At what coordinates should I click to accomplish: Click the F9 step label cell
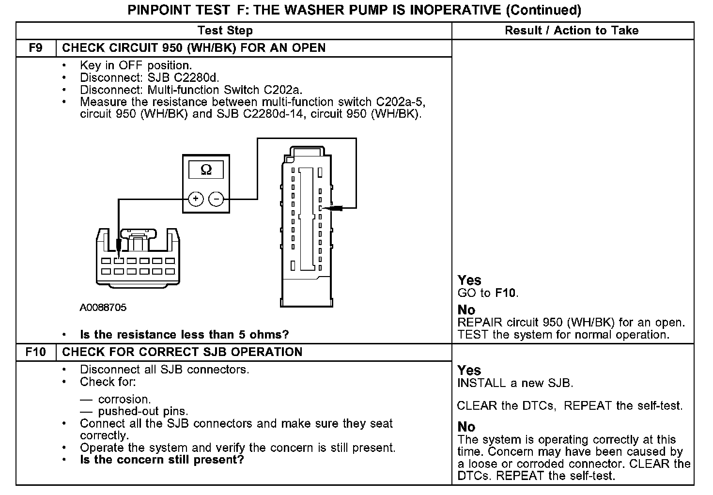click(x=36, y=48)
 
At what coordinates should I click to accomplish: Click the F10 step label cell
click(x=36, y=352)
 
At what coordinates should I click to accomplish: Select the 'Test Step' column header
click(x=225, y=31)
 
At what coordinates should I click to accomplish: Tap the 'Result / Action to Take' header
click(x=572, y=31)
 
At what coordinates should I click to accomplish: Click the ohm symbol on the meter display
click(x=206, y=170)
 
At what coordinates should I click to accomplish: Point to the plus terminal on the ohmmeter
click(x=196, y=199)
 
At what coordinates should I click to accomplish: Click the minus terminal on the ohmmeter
click(x=216, y=199)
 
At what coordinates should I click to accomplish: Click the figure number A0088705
click(x=103, y=308)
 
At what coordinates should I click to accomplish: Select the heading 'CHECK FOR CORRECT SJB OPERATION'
click(x=182, y=352)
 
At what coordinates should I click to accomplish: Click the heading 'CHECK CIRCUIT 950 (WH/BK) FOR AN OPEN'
click(x=194, y=48)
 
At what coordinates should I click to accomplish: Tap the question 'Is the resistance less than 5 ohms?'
click(x=184, y=335)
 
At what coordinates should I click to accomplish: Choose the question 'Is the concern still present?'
click(x=162, y=460)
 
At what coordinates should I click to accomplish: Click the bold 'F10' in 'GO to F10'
click(x=506, y=293)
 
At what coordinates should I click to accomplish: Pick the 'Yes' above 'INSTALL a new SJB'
click(x=469, y=371)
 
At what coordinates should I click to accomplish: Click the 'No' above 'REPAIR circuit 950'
click(x=466, y=310)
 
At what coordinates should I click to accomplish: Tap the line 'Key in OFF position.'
click(x=136, y=65)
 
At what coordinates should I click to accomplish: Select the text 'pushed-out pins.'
click(x=143, y=412)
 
